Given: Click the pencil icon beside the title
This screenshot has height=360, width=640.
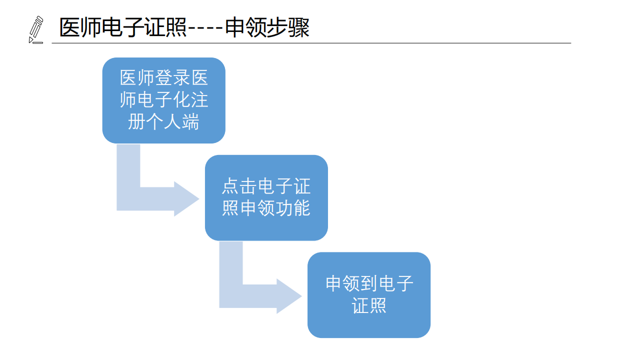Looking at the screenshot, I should point(36,29).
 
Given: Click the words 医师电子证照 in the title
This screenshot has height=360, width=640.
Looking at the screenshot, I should point(123,28).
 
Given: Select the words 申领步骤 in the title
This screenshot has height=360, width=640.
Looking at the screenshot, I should point(267,28).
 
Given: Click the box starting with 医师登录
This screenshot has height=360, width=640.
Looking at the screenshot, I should point(163,100).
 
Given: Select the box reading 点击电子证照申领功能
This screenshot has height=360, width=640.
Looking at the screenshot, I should point(266,197).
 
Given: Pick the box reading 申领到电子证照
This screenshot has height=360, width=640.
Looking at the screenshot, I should point(369,295).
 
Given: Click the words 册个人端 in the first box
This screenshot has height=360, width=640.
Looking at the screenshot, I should point(163,121).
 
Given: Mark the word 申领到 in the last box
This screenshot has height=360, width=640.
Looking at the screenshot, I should point(352,283).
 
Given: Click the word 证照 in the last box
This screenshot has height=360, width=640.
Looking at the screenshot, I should point(369,305).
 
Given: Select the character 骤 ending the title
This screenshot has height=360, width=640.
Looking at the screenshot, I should point(299,28).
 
